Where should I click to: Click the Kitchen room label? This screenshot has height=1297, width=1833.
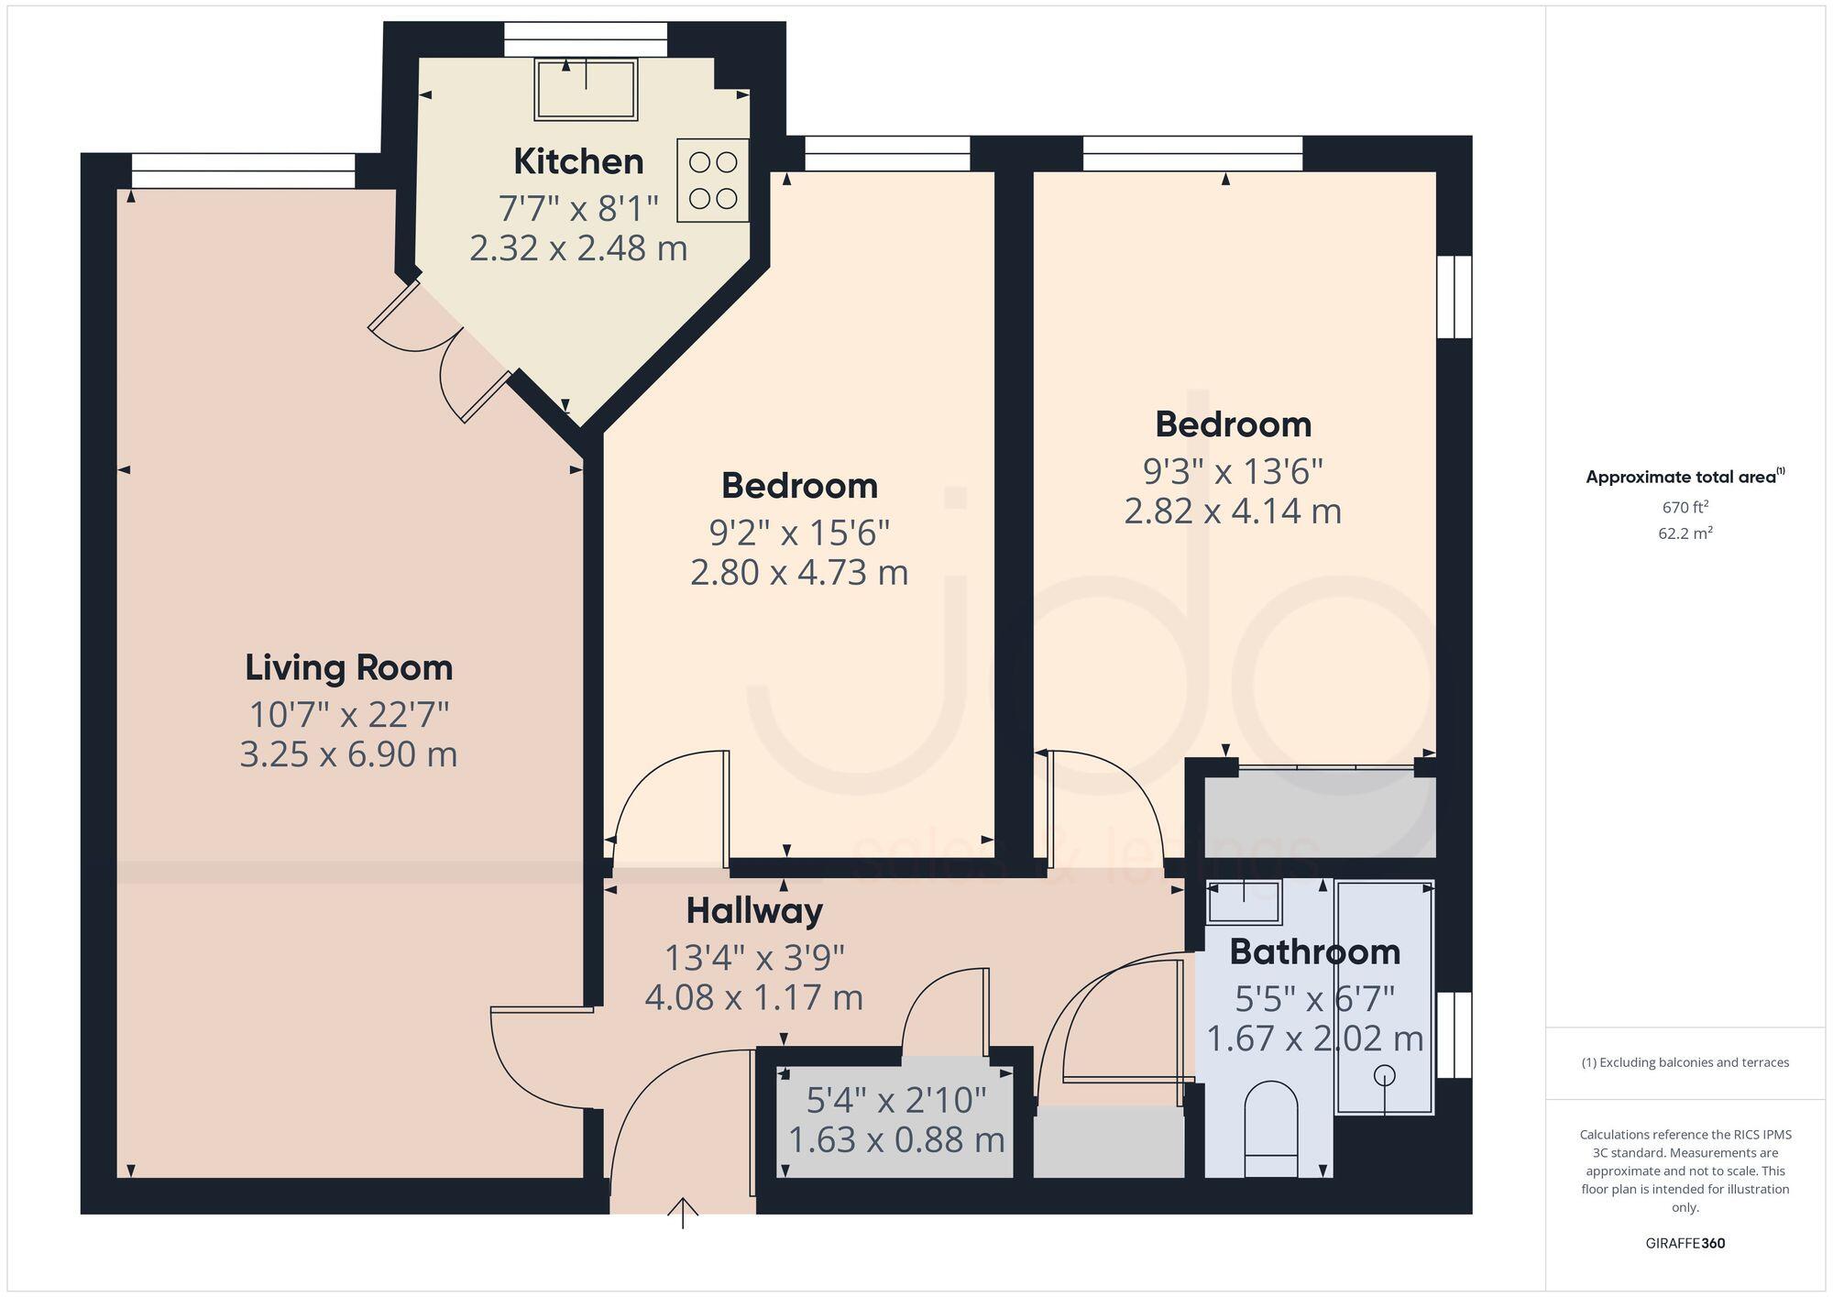[578, 161]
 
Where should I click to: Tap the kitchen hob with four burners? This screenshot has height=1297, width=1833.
[713, 181]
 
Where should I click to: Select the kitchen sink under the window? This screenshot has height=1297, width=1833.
[586, 89]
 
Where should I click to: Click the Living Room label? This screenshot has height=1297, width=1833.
[348, 667]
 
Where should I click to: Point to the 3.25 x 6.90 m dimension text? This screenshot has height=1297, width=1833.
[348, 754]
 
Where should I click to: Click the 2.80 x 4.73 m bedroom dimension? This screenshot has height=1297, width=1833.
[799, 572]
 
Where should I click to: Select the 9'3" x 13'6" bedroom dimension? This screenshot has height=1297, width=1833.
[1233, 471]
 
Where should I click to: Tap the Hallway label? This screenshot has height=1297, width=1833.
[754, 910]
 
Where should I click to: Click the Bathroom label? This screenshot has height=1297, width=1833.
[1314, 951]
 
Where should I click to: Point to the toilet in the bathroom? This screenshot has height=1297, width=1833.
[1271, 1127]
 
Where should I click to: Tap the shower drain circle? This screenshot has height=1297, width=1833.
[1384, 1074]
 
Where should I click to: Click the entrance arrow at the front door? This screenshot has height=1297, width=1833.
[683, 1211]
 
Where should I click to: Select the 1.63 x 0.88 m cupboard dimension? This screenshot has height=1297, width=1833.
[896, 1140]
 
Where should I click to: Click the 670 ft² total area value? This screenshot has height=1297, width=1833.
[1685, 507]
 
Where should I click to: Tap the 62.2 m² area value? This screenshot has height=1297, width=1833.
[1685, 533]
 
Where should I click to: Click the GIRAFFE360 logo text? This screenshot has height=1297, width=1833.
[1685, 1244]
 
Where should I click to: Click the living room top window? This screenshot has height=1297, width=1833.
[243, 171]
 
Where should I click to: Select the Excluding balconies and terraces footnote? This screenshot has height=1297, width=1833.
[1685, 1063]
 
